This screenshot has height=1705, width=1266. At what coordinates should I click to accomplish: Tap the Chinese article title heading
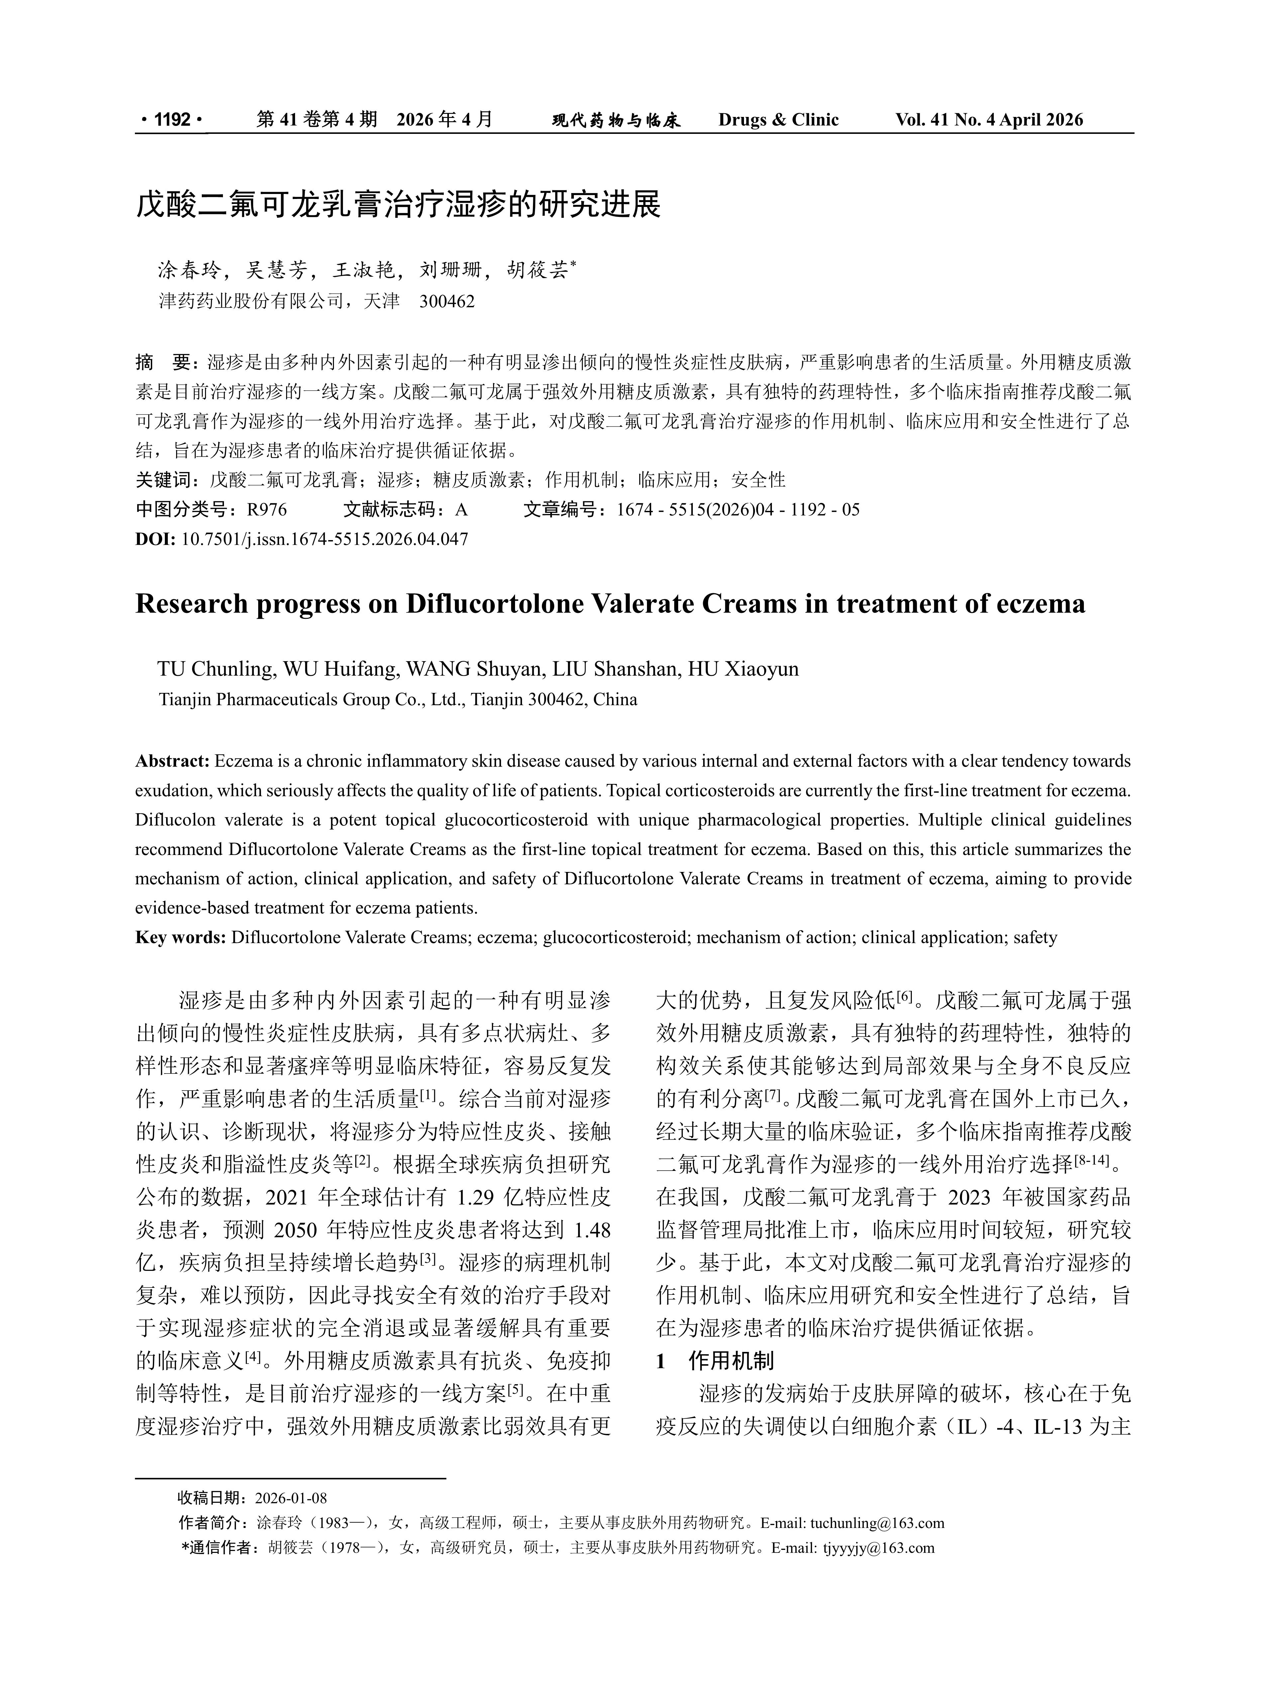coord(398,205)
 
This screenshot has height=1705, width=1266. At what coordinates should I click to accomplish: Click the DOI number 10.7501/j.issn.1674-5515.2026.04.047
coord(324,538)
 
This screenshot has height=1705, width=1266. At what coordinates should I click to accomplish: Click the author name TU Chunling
coord(216,669)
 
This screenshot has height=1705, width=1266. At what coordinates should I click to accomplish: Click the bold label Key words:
coord(181,937)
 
